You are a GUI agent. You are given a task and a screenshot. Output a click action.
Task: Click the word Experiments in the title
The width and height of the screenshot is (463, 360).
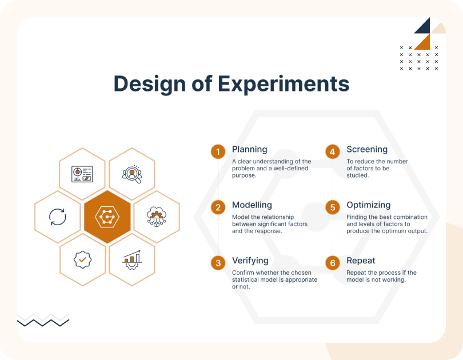pyautogui.click(x=284, y=85)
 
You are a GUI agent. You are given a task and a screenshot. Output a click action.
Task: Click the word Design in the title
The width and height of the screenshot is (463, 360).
pyautogui.click(x=150, y=85)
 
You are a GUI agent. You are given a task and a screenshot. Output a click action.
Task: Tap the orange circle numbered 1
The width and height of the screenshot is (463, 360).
pyautogui.click(x=218, y=151)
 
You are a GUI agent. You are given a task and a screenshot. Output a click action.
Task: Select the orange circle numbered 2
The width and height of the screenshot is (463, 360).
pyautogui.click(x=218, y=207)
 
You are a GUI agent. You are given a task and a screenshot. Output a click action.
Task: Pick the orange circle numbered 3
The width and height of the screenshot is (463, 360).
pyautogui.click(x=218, y=263)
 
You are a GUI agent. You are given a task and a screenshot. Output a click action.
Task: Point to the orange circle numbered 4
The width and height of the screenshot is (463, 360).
pyautogui.click(x=333, y=151)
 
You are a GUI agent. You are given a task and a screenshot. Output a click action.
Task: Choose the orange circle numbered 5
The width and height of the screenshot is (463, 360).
pyautogui.click(x=333, y=207)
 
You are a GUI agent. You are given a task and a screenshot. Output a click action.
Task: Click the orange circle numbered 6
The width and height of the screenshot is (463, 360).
pyautogui.click(x=333, y=263)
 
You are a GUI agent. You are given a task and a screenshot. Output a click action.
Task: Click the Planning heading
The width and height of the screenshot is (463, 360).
pyautogui.click(x=250, y=150)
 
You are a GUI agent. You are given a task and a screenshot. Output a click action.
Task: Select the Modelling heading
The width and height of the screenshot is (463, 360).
pyautogui.click(x=252, y=205)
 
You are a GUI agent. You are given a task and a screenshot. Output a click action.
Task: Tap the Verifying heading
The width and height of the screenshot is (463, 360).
pyautogui.click(x=250, y=261)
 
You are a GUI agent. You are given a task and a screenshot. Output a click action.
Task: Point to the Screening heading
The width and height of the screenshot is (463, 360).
pyautogui.click(x=367, y=150)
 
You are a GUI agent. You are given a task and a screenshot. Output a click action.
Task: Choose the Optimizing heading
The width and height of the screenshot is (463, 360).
pyautogui.click(x=369, y=205)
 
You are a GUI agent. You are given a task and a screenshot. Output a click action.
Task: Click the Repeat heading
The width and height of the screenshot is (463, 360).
pyautogui.click(x=361, y=261)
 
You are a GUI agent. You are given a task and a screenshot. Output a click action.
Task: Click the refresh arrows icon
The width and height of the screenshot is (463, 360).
pyautogui.click(x=58, y=217)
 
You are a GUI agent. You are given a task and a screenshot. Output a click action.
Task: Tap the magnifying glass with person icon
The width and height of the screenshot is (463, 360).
pyautogui.click(x=132, y=174)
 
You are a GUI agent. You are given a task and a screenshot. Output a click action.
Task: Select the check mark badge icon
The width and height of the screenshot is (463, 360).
pyautogui.click(x=82, y=259)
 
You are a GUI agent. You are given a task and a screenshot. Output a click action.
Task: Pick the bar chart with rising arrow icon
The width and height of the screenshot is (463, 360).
pyautogui.click(x=132, y=259)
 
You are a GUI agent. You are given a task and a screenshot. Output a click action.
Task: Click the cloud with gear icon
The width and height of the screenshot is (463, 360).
pyautogui.click(x=157, y=217)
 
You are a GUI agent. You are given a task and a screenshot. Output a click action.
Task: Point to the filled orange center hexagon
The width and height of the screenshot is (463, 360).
pyautogui.click(x=107, y=217)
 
